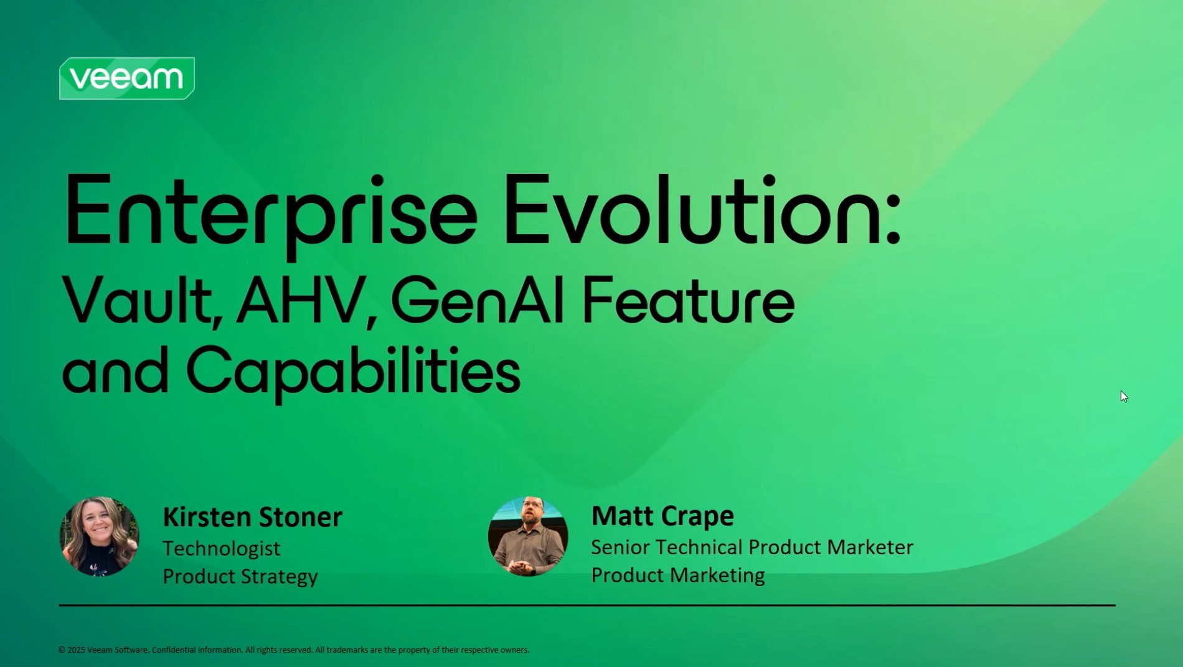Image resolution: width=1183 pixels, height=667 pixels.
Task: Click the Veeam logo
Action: (x=127, y=78)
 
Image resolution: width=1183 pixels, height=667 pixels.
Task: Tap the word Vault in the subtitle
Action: (x=142, y=301)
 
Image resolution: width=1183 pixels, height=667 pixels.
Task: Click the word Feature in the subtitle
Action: (x=689, y=300)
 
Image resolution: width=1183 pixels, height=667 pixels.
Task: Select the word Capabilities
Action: (x=353, y=372)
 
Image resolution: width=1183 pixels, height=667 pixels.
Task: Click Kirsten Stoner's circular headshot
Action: (x=99, y=536)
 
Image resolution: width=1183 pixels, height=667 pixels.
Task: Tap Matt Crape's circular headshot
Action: (x=528, y=536)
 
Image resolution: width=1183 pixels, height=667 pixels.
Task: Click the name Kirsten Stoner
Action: (x=252, y=517)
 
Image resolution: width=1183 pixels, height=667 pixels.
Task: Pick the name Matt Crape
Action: (x=662, y=516)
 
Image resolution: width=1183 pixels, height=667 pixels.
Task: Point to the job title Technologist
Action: (x=222, y=549)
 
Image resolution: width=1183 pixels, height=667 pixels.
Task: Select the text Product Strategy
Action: (x=240, y=576)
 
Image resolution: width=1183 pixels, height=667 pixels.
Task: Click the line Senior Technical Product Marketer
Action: (x=752, y=547)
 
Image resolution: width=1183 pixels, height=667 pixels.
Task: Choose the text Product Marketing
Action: (x=678, y=575)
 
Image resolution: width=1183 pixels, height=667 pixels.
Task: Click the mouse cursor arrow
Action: (x=1124, y=397)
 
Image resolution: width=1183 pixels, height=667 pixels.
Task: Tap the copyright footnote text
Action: (x=294, y=650)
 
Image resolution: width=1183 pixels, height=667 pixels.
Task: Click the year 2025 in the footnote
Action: (x=77, y=650)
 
